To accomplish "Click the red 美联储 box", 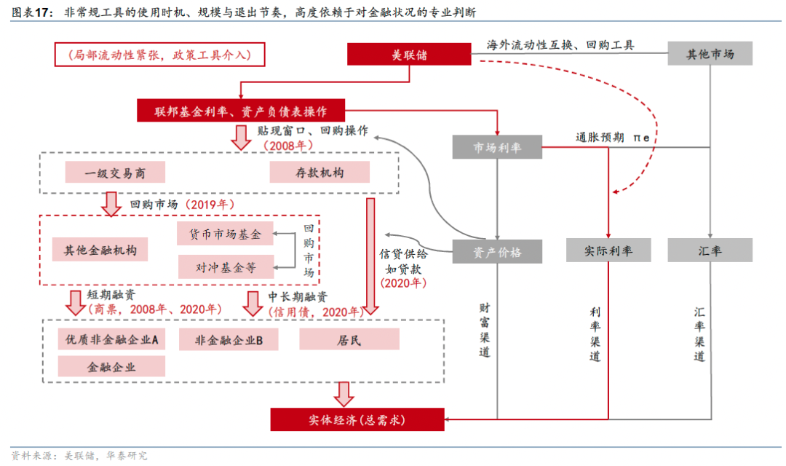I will click(408, 54).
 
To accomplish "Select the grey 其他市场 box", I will click(710, 54).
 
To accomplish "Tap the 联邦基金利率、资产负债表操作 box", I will click(240, 111).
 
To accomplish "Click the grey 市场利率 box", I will click(497, 148).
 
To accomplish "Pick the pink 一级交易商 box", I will click(115, 173).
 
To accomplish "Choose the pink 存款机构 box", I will click(319, 173).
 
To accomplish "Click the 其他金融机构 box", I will click(100, 249).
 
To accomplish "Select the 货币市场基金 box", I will click(226, 234).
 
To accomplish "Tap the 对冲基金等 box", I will click(226, 266).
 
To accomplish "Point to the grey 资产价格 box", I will click(497, 250).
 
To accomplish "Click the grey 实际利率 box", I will click(608, 250).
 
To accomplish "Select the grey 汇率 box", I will click(710, 250).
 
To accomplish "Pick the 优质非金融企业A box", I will click(112, 339).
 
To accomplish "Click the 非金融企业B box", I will click(229, 339).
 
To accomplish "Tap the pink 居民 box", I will click(349, 339).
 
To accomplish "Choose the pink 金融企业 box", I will click(112, 366).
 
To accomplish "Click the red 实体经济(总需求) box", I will click(357, 419).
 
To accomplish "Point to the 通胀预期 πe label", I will click(612, 137).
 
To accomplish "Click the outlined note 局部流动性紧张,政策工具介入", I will click(159, 55).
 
